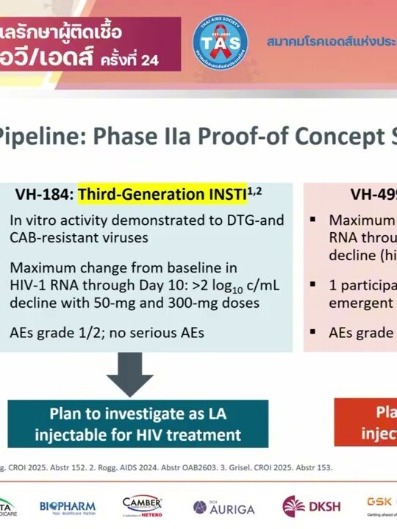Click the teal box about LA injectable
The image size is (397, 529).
[x=137, y=423]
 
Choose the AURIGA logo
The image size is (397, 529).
[x=223, y=508]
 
